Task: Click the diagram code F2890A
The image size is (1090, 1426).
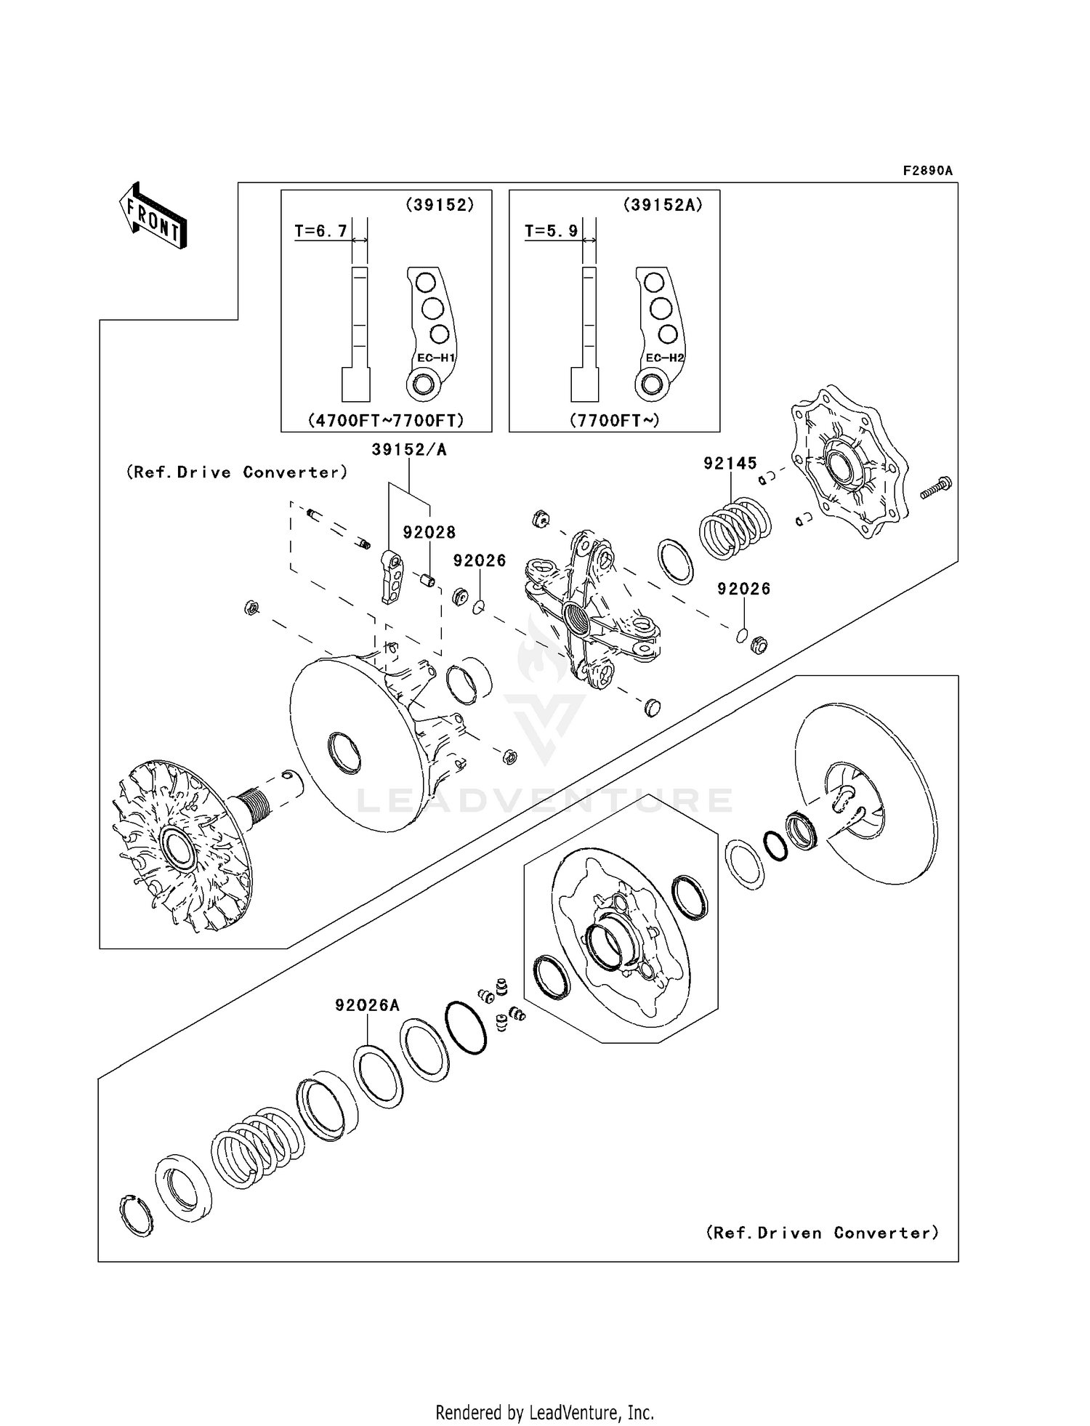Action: (x=927, y=171)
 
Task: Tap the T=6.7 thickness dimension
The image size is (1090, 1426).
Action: (x=320, y=232)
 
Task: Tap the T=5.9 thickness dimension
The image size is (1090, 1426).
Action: (x=551, y=232)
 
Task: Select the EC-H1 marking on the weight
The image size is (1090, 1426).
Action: (x=436, y=358)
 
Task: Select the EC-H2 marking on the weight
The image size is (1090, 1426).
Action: (x=665, y=358)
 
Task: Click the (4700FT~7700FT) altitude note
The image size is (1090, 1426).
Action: (x=386, y=420)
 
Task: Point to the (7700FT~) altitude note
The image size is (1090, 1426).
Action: (x=615, y=420)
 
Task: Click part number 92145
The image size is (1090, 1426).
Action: (x=730, y=463)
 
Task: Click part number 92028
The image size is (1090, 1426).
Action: (x=429, y=533)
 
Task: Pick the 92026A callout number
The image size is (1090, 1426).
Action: (x=367, y=1005)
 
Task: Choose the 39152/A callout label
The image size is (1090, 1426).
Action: (x=409, y=450)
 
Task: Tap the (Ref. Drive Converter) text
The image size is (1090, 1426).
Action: (x=237, y=472)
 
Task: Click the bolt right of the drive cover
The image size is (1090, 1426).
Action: (x=937, y=488)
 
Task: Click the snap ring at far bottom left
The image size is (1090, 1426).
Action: (x=135, y=1215)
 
